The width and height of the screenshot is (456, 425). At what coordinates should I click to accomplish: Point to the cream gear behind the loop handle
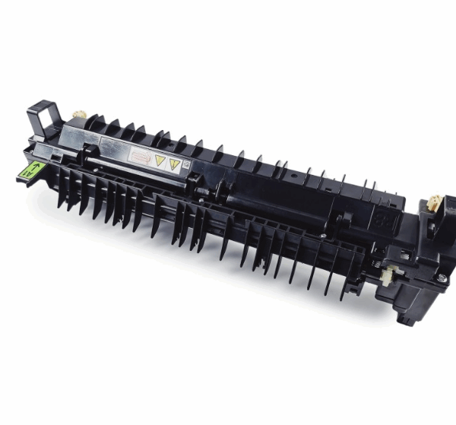(77, 116)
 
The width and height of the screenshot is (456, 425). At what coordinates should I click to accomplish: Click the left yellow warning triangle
(160, 160)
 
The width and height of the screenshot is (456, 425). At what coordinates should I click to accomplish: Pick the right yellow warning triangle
(174, 163)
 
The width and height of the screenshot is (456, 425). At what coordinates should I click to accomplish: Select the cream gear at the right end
(432, 203)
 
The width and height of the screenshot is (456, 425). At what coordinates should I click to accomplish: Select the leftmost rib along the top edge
(94, 122)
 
